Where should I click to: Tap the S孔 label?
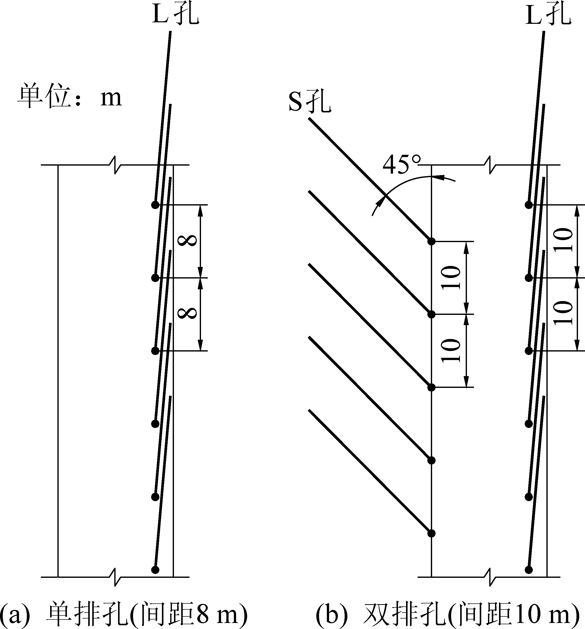[x=310, y=102]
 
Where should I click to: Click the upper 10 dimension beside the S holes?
[x=451, y=277]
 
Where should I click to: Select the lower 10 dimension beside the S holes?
[x=451, y=351]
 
